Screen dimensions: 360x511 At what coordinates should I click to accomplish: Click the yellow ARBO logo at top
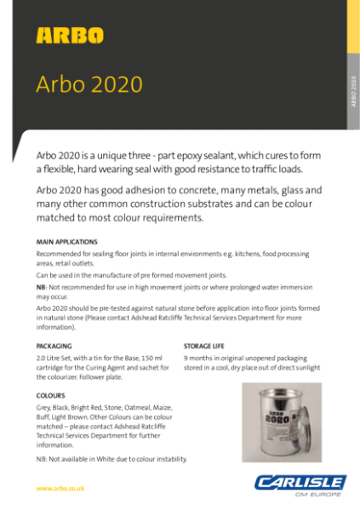70,36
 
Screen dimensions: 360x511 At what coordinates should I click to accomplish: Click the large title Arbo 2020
89,85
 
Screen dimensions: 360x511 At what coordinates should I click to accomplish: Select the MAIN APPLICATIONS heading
67,243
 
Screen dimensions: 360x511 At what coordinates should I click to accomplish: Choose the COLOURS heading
51,396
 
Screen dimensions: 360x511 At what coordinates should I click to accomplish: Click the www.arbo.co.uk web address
64,488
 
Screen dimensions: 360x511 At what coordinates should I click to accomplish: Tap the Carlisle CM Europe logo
299,485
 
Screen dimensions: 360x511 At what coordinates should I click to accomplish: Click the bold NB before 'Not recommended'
41,288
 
